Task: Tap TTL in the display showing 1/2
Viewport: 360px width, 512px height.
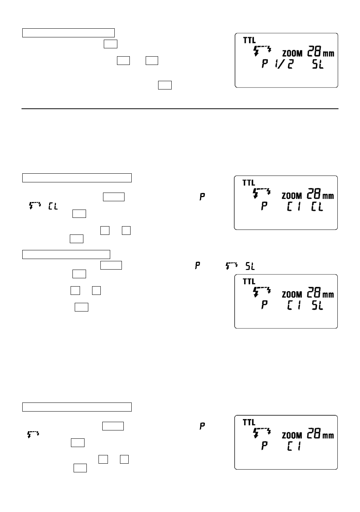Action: pos(249,40)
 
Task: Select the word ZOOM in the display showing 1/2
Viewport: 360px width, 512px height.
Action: pos(292,54)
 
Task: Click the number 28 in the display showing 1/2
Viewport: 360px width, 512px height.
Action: pos(314,51)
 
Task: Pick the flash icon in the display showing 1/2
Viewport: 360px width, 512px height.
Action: pos(262,51)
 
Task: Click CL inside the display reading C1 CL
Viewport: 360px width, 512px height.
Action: pos(317,207)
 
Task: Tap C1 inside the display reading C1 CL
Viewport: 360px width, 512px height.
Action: pos(294,207)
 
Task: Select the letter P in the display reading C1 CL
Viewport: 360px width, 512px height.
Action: pos(264,206)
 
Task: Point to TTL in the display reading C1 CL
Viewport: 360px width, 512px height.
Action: pos(249,183)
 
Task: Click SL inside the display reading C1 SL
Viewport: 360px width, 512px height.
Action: pos(317,305)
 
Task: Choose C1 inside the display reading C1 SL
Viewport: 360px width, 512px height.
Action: pos(294,305)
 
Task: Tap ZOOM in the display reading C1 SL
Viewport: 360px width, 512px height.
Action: pos(292,295)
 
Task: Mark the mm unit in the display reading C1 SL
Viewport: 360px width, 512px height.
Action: pos(328,295)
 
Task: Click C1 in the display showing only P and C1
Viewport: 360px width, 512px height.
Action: pos(294,446)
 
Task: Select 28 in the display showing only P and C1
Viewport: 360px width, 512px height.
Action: pos(314,433)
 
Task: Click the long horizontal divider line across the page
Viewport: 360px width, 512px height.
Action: pos(180,109)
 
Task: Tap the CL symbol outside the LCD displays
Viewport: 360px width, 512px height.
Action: pos(53,206)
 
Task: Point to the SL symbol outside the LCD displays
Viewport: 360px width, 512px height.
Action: pos(250,266)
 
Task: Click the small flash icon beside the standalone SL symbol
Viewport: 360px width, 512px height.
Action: pos(231,266)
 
